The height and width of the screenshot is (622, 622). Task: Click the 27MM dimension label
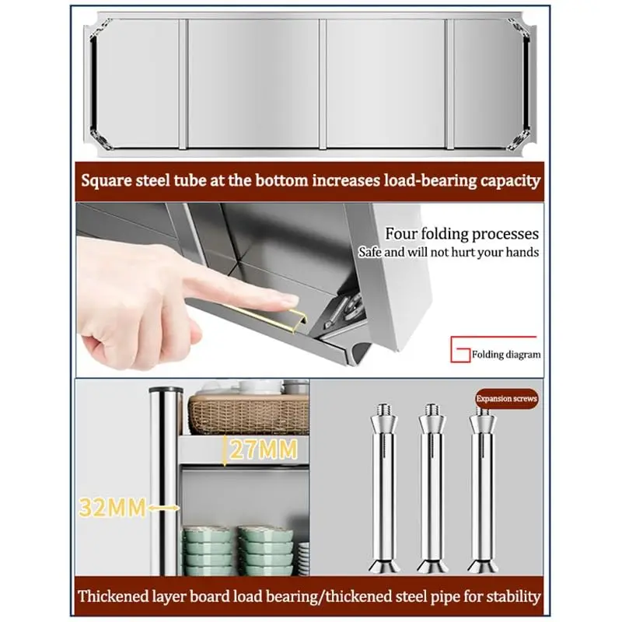[264, 449]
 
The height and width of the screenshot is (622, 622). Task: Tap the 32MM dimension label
[113, 508]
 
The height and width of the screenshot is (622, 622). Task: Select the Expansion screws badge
[507, 398]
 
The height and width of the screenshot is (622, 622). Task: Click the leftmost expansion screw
[384, 488]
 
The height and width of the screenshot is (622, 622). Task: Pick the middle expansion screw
[432, 488]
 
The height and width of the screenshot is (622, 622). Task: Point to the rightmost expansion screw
[482, 488]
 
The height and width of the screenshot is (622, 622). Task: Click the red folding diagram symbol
[460, 349]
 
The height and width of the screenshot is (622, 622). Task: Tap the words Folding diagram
[506, 355]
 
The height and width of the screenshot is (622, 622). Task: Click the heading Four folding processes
[462, 233]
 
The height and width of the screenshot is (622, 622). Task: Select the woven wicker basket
[248, 414]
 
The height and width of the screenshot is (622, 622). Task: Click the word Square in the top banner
[106, 181]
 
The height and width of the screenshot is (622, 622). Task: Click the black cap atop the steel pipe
[166, 390]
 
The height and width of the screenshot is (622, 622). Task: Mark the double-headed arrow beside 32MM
[162, 508]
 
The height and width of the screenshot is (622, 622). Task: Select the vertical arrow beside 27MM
[224, 451]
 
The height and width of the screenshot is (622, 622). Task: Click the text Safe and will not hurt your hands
[449, 252]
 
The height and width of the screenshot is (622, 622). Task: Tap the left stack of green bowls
[208, 550]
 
